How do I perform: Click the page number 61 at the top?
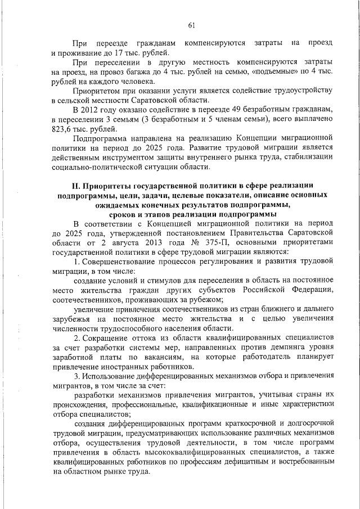(x=191, y=25)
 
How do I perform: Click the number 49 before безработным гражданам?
(x=226, y=110)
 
